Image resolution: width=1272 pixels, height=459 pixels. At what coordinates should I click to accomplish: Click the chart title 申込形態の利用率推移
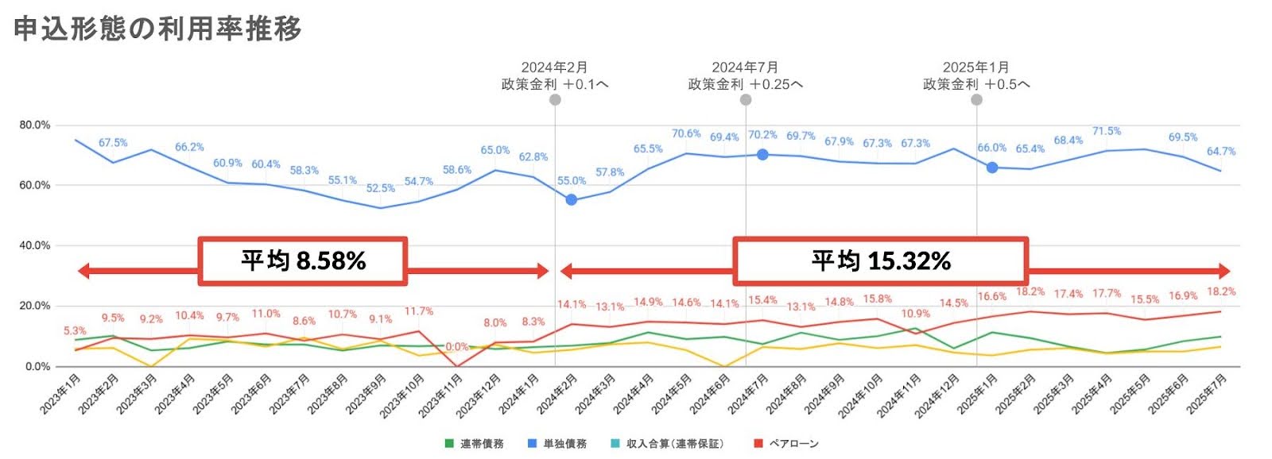click(x=157, y=29)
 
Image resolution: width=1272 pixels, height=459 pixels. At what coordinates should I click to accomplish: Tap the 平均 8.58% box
click(x=303, y=260)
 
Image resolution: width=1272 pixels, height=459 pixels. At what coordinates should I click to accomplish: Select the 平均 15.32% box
click(x=880, y=260)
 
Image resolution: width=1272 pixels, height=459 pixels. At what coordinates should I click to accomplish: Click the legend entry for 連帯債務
click(x=475, y=443)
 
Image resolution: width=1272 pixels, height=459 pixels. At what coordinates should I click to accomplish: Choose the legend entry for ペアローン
click(x=786, y=443)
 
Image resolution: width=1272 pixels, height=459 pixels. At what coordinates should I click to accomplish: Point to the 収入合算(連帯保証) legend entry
click(x=667, y=443)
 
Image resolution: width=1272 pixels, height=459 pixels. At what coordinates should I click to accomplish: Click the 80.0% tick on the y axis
click(x=35, y=125)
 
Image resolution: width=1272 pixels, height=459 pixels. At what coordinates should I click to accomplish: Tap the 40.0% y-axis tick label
click(x=35, y=245)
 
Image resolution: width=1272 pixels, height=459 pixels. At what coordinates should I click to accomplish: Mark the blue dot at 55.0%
click(x=571, y=200)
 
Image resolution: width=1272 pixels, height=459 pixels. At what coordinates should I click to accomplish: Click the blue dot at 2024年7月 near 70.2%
click(x=762, y=155)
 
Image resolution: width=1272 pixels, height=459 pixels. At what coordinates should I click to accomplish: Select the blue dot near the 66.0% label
click(x=992, y=168)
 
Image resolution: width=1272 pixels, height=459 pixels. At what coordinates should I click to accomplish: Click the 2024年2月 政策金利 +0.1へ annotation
click(x=554, y=76)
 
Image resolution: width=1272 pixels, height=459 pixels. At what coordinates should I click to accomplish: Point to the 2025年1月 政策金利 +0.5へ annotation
click(x=975, y=76)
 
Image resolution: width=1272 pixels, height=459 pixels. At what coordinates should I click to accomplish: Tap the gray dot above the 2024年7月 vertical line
click(x=746, y=100)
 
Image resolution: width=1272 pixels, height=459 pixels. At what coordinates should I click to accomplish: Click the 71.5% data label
click(x=1106, y=131)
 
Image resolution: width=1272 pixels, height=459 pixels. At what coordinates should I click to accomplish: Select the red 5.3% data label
click(x=75, y=330)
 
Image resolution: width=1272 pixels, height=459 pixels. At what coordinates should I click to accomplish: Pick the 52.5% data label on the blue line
click(x=380, y=188)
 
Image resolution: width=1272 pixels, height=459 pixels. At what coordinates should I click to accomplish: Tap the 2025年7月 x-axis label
click(x=1207, y=395)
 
